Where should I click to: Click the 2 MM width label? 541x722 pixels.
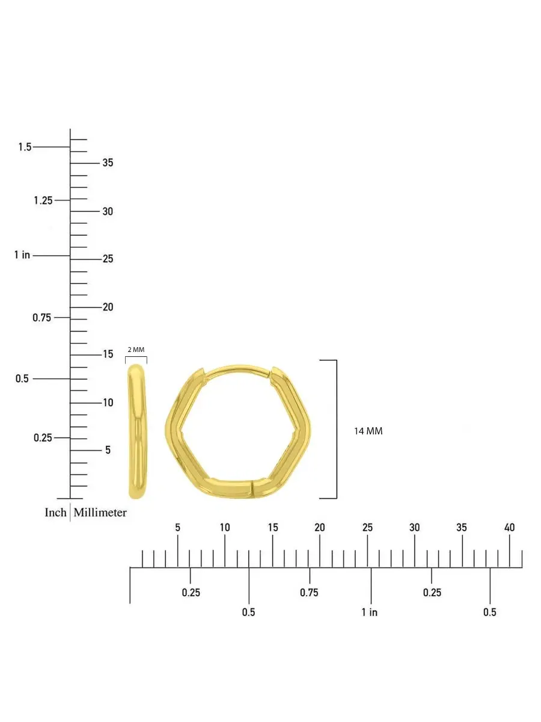coord(136,350)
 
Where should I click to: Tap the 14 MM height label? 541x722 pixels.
coord(368,431)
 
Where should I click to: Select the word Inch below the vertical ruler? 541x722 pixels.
coord(55,513)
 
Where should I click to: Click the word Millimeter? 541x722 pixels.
coord(100,513)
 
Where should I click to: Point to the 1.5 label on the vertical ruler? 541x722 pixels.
coord(25,147)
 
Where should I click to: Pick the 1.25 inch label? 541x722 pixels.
coord(43,200)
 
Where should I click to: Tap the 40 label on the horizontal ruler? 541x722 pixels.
coord(509,528)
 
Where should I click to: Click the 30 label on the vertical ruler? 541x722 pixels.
coord(108,212)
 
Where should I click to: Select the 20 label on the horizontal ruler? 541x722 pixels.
coord(319,528)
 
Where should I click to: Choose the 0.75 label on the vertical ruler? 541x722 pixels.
coord(41,318)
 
